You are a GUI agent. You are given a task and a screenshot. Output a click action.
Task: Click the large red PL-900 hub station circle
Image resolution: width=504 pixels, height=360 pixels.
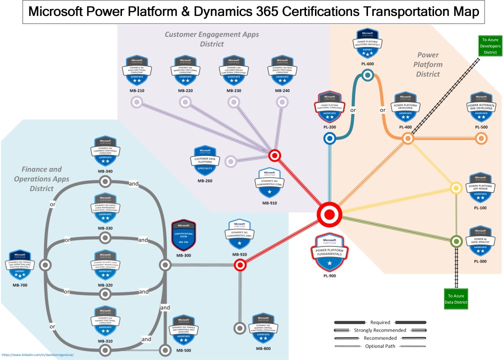pos(329,214)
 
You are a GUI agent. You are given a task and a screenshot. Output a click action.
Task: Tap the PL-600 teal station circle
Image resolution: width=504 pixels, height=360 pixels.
pos(367,75)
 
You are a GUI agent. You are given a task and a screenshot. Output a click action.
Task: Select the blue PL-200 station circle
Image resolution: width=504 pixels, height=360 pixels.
pos(329,139)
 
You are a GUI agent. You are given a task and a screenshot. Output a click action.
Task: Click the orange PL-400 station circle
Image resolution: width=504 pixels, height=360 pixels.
pos(407,139)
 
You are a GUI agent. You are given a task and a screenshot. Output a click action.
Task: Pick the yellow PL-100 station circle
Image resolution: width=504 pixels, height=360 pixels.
pos(456,188)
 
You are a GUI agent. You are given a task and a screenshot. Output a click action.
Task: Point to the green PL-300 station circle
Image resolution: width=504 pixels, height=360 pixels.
pos(456,241)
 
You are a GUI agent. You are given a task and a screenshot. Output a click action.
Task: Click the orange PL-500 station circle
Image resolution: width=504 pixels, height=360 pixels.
pos(481,139)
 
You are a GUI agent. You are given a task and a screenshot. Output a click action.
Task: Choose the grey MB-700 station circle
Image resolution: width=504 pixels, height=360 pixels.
pos(45,265)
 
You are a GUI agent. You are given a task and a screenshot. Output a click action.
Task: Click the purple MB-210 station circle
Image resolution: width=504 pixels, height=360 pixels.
pos(136,102)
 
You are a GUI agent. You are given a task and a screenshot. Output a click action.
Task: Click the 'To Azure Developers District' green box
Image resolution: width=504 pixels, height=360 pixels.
pos(489,45)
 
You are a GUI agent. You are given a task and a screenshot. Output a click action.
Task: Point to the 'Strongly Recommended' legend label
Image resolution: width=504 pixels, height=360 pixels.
pos(380,330)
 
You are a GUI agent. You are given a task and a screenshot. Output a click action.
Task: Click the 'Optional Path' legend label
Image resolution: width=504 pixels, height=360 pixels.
pos(380,346)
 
